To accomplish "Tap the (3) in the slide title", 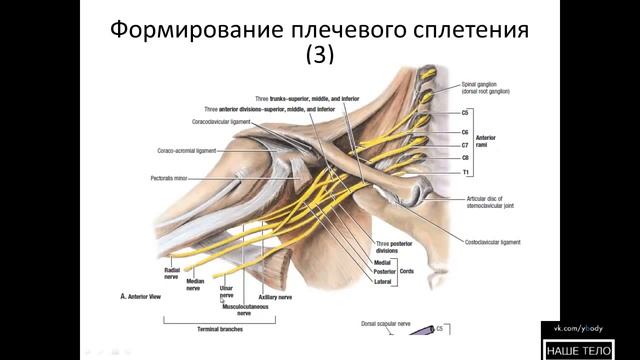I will (x=321, y=58).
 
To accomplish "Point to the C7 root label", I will (x=466, y=144).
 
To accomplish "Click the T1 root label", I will (x=466, y=172).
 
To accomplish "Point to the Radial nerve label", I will (x=166, y=273).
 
